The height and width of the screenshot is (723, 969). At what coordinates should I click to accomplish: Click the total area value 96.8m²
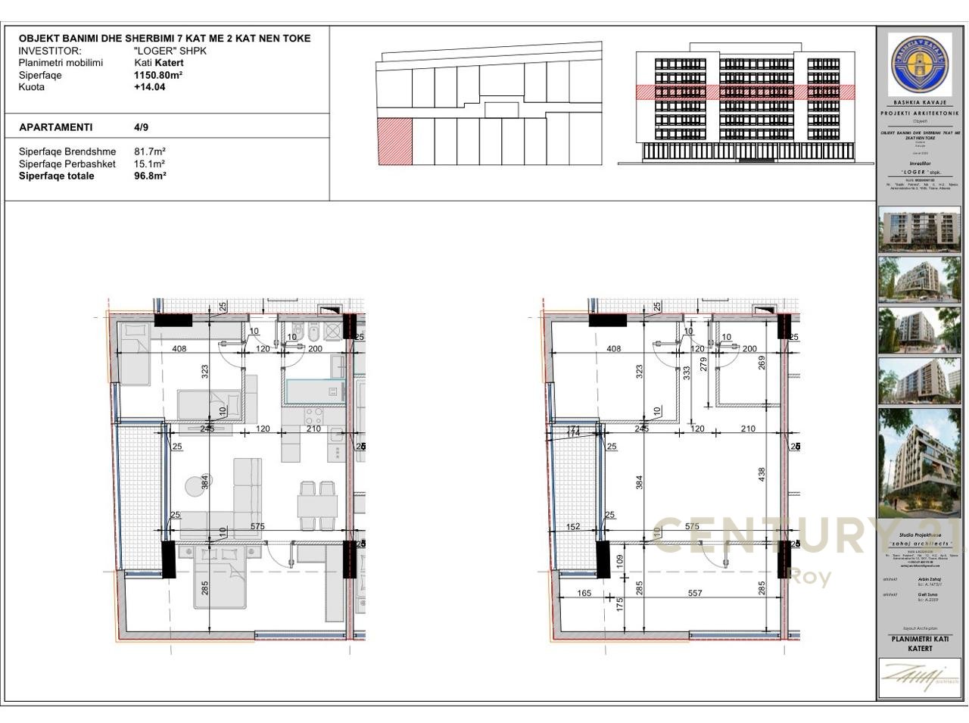(150, 176)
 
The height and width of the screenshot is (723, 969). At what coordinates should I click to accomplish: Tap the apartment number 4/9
(141, 127)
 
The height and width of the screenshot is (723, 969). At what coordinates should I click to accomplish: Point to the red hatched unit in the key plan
(394, 141)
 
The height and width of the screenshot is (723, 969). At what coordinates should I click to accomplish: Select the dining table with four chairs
(318, 505)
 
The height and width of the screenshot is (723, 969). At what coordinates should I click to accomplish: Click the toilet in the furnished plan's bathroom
(298, 331)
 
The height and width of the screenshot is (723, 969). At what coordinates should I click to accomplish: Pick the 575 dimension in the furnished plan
(257, 526)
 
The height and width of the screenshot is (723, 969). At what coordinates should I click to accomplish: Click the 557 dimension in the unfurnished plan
(695, 594)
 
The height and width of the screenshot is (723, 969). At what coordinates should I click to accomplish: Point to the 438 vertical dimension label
(762, 473)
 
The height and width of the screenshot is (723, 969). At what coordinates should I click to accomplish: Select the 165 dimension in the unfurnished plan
(584, 594)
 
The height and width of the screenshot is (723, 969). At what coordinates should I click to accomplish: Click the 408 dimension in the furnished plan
(179, 349)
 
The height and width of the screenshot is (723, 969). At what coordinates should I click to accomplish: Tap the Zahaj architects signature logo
(919, 676)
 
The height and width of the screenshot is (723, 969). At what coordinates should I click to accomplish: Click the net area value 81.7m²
(150, 151)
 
